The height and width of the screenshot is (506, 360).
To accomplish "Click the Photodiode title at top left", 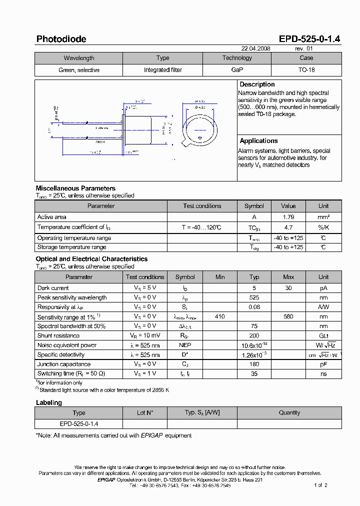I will [61, 39].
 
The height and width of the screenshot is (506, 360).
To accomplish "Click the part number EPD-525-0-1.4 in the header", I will [310, 39].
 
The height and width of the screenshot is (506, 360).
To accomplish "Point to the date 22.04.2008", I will [256, 49].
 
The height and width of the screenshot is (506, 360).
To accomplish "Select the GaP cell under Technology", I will [237, 70].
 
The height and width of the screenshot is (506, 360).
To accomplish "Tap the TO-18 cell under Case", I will [306, 70].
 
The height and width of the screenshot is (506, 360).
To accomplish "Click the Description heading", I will [257, 84].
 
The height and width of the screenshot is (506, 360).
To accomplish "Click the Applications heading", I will [258, 141].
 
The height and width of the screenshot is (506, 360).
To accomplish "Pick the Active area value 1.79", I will [288, 217].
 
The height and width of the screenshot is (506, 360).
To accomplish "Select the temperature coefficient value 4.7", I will [288, 227].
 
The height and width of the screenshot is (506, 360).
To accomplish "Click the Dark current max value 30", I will [288, 288].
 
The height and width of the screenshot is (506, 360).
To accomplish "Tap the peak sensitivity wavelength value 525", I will [254, 297].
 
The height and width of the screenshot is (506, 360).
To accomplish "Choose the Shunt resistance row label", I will [58, 335].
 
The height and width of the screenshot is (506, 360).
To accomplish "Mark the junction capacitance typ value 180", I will [254, 364].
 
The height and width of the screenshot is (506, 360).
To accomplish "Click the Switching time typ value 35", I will [254, 373].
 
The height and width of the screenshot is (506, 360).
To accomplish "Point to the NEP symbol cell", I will [185, 345].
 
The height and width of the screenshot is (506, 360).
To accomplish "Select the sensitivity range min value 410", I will [220, 316].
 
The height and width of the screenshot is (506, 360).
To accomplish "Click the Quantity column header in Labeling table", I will [289, 413].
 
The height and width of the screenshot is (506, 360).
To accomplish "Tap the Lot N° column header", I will [144, 413].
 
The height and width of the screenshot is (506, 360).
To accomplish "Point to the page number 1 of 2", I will [320, 485].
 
